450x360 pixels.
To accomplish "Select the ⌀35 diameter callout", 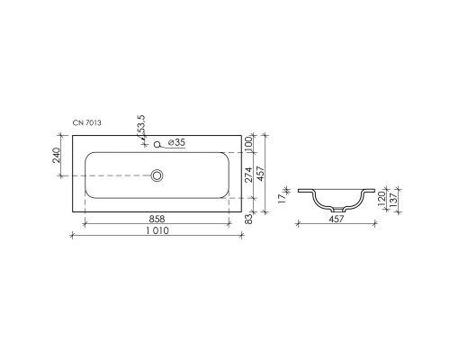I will tap(177, 142).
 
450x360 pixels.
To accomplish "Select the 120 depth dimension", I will tap(381, 197).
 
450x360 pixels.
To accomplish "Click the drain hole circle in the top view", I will tap(158, 175).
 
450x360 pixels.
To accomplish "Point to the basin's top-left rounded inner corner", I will tap(87, 155).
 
